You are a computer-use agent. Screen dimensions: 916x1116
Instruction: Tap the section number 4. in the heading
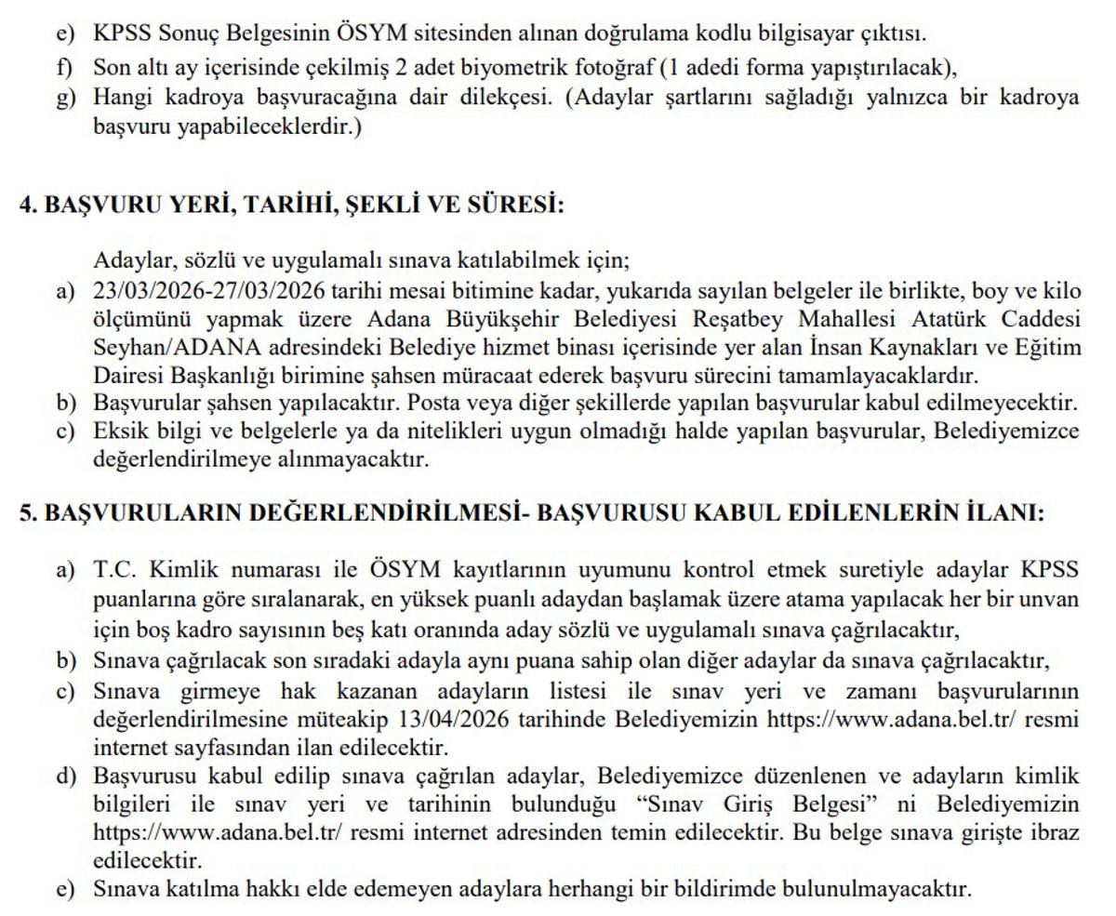[x=28, y=205]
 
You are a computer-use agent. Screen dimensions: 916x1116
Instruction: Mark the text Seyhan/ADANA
[x=155, y=348]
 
